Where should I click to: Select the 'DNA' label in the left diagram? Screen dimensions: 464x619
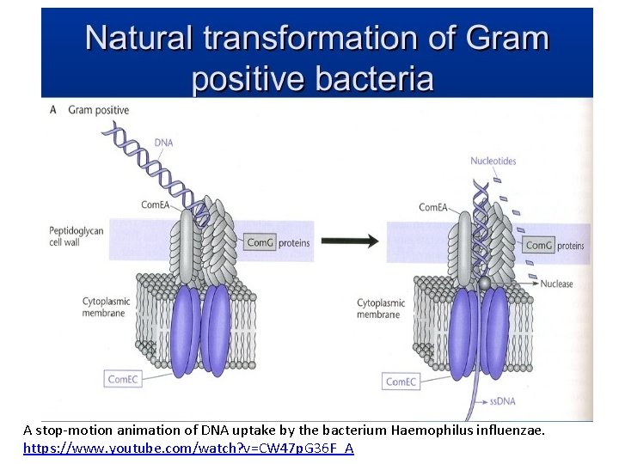pyautogui.click(x=164, y=142)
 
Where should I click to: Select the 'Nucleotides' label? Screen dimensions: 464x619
pyautogui.click(x=493, y=161)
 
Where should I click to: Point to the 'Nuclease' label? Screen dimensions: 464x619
pyautogui.click(x=556, y=284)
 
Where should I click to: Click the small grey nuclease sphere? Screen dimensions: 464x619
pyautogui.click(x=485, y=284)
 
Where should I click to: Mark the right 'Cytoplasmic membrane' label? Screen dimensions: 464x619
pyautogui.click(x=378, y=308)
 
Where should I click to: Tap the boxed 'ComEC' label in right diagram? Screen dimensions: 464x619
pyautogui.click(x=400, y=382)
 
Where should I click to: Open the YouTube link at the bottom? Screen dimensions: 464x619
pyautogui.click(x=188, y=449)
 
